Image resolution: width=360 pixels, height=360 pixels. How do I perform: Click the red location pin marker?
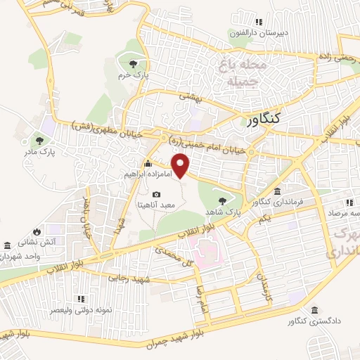pos(182,165)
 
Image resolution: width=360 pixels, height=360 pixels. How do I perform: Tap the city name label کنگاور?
pos(273,119)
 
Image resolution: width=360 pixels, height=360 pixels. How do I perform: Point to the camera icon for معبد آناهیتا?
pos(156,195)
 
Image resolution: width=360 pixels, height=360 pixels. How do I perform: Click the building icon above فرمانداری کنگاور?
pos(278,192)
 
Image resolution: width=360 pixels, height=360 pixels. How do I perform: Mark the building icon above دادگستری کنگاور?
pos(314,310)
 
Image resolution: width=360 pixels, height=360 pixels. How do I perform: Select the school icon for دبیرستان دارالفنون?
pos(259,22)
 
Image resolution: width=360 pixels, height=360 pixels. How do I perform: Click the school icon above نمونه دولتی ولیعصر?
pos(81,299)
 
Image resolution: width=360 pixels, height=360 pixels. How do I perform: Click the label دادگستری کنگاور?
pos(310,321)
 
